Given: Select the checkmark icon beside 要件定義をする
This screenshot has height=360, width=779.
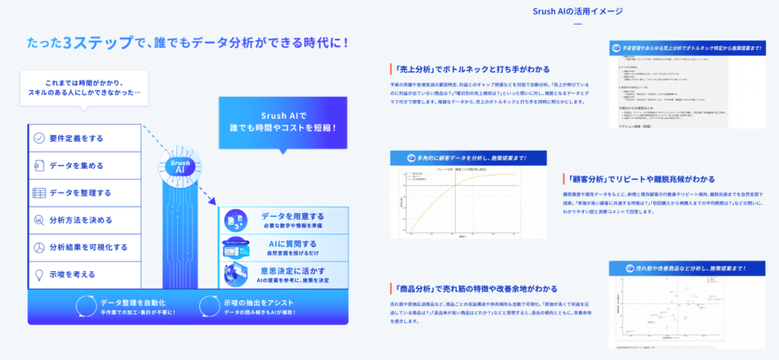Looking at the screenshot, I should click(x=39, y=138).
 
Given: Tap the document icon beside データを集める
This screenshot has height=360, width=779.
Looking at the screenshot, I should click(x=39, y=166).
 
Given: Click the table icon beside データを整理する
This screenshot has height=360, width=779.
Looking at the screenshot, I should click(x=39, y=193).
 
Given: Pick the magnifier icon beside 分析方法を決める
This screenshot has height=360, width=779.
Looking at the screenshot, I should click(x=39, y=220).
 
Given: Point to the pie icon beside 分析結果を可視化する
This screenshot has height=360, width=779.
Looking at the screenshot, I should click(x=39, y=247).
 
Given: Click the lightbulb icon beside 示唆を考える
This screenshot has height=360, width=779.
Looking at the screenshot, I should click(x=39, y=274).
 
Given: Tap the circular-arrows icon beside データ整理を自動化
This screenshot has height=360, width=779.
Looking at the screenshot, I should click(x=85, y=306).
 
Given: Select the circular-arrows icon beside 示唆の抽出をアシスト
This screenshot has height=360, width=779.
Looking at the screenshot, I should click(x=208, y=306).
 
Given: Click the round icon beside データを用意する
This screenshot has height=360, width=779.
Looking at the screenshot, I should click(x=236, y=220).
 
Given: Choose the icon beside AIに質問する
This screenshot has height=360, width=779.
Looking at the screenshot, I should click(x=236, y=247).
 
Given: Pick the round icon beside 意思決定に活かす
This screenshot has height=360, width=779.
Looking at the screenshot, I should click(x=236, y=274).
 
